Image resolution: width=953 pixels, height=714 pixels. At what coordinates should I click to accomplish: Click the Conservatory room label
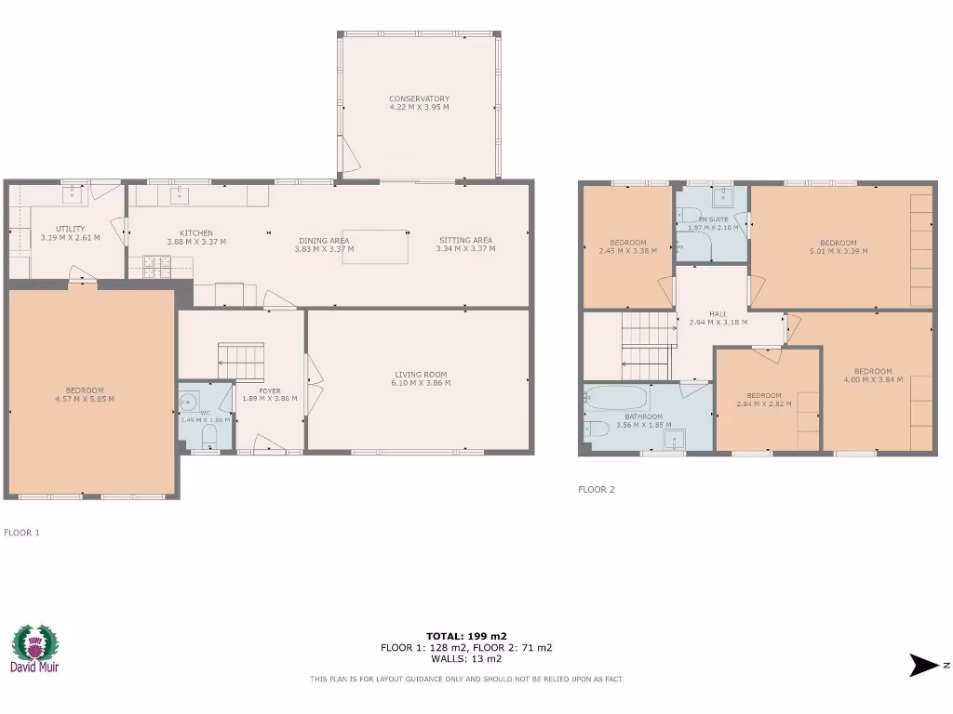pos(419,99)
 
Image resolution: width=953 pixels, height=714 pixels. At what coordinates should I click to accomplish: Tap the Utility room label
pos(70,229)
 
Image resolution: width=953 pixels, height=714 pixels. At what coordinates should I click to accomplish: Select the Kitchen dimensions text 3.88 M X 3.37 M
pos(196,242)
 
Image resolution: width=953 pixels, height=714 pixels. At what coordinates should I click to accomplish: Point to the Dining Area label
pos(321,240)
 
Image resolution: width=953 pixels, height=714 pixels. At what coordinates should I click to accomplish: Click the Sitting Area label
pos(465,240)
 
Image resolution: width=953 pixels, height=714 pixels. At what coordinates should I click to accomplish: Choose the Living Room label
pos(422,374)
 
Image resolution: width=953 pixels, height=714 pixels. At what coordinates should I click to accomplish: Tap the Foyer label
pos(269,390)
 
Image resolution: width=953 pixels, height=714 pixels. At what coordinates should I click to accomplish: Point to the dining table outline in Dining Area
pos(375,246)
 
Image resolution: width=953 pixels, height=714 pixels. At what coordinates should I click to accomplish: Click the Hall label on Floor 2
pos(718,314)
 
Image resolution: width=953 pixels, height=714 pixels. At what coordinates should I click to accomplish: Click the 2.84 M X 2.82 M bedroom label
pos(763,394)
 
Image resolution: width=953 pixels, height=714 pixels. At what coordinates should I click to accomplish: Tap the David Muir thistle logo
pos(34,642)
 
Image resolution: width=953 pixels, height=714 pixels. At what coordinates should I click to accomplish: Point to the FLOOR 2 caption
pos(597,489)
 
